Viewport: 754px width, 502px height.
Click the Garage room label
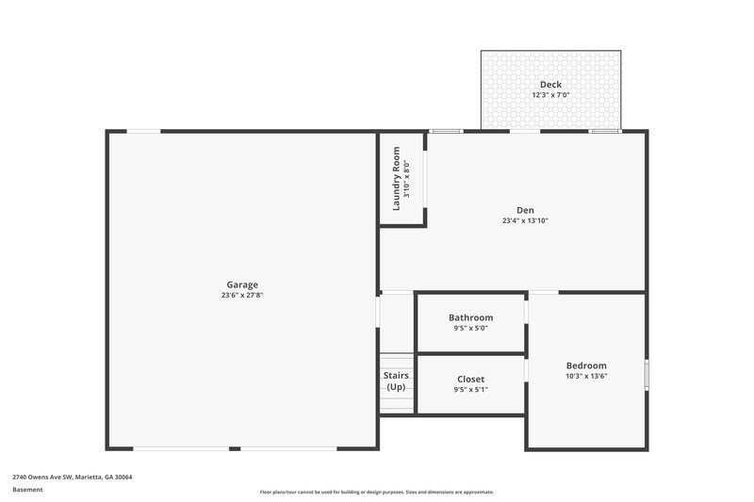click(x=242, y=284)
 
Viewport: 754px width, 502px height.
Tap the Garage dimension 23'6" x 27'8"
click(x=242, y=296)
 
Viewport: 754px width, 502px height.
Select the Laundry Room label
click(x=397, y=178)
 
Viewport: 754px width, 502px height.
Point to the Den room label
click(x=525, y=210)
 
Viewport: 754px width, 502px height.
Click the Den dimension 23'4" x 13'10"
click(x=525, y=221)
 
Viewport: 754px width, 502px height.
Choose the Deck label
click(x=550, y=84)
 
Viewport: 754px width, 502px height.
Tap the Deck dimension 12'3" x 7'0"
click(x=550, y=95)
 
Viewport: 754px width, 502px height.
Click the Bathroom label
click(x=470, y=317)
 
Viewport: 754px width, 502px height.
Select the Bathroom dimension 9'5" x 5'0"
click(x=470, y=329)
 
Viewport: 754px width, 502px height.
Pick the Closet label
click(x=470, y=379)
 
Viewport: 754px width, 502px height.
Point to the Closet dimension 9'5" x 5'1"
click(x=470, y=390)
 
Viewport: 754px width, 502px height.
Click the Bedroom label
click(x=586, y=365)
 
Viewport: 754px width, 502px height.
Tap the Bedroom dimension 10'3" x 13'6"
click(x=586, y=377)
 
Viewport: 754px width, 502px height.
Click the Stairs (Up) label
click(x=396, y=381)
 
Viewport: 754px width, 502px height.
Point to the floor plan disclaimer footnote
click(x=376, y=492)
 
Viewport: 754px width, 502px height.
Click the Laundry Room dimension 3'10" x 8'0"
click(x=407, y=178)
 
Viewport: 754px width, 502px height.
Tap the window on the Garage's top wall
click(x=143, y=131)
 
